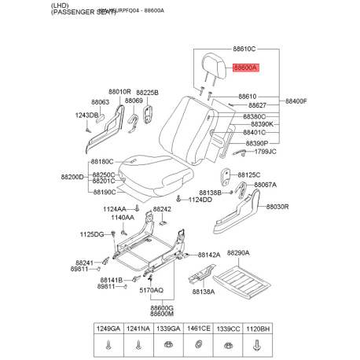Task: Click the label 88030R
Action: pos(277,207)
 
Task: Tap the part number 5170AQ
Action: pos(151,290)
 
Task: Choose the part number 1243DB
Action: pos(86,116)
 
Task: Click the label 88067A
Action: pos(265,185)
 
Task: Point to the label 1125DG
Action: pos(92,234)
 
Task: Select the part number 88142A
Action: pos(209,255)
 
